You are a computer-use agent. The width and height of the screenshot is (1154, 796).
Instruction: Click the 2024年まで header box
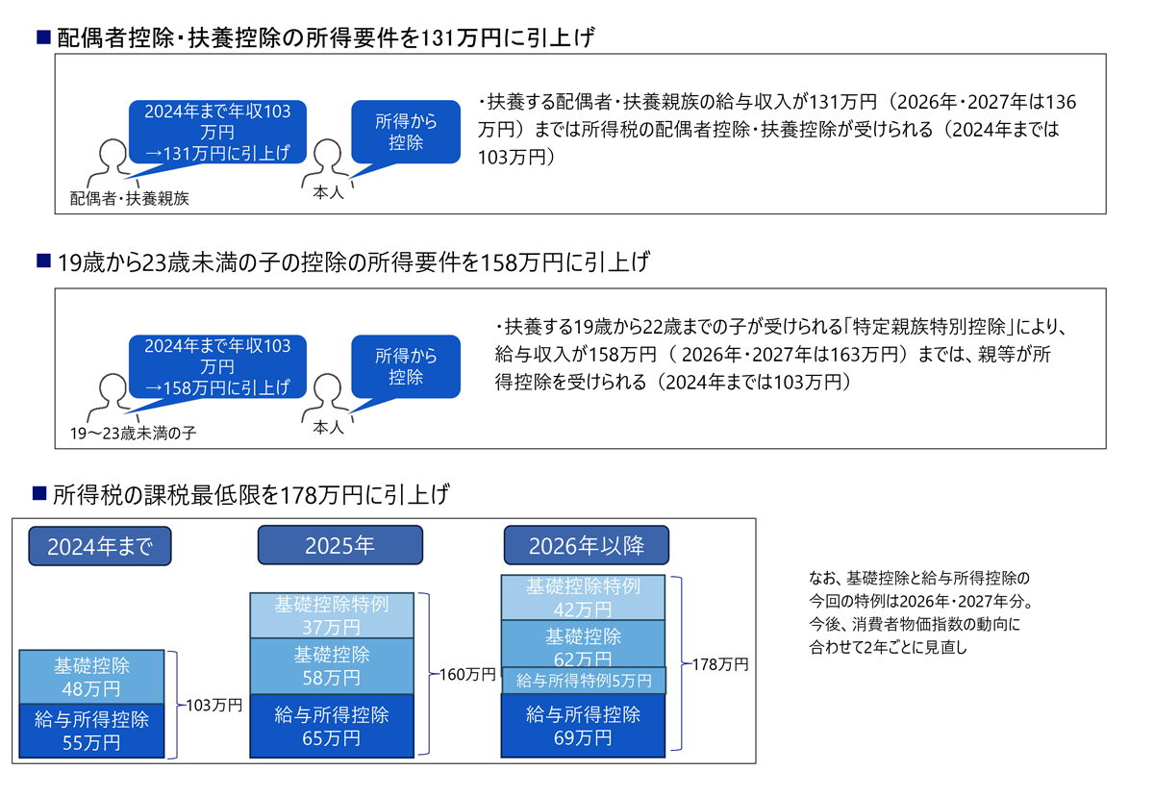pos(100,546)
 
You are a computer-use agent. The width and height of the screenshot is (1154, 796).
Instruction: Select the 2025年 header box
pos(339,545)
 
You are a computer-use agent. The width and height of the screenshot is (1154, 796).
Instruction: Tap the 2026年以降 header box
pos(586,545)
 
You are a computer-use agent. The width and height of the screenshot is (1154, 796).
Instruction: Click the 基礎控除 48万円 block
pos(91,677)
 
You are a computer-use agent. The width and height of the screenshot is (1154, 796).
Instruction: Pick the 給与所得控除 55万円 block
pos(91,731)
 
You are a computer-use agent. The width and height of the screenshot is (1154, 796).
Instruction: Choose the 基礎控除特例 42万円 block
pos(584,597)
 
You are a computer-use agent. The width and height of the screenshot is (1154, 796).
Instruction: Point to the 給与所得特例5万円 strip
pos(584,681)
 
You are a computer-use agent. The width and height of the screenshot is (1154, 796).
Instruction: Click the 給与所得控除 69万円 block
pos(584,726)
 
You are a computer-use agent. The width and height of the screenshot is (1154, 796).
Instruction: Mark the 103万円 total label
pos(213,705)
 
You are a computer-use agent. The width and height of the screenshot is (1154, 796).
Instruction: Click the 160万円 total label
pos(466,675)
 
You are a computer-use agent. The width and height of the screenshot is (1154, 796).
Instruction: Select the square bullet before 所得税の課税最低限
pos(39,494)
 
